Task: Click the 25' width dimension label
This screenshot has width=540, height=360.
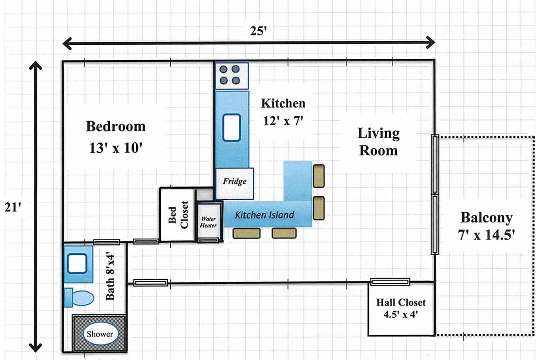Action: (x=258, y=31)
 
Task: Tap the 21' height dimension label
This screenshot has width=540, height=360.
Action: (x=13, y=207)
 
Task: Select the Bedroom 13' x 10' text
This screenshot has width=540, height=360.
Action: (x=116, y=137)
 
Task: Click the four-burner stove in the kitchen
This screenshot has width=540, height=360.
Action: (x=232, y=76)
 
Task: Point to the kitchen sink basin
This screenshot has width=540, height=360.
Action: (x=231, y=128)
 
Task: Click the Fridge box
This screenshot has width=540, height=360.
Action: (x=235, y=183)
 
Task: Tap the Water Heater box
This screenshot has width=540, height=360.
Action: (x=209, y=222)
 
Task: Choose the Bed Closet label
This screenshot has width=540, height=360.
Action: (x=178, y=215)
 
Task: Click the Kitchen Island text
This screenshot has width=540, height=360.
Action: (x=265, y=215)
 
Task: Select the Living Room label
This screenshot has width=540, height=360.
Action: (x=378, y=141)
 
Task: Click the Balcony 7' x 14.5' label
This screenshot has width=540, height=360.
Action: (x=486, y=226)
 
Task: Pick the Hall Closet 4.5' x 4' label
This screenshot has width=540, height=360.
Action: (x=401, y=308)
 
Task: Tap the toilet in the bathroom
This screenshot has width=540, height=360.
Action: (x=79, y=298)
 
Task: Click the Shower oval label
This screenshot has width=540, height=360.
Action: (x=100, y=334)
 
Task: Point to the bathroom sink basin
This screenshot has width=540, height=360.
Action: (x=77, y=264)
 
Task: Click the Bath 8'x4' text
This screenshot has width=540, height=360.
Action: (x=110, y=277)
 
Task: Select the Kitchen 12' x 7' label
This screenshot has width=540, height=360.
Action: (x=283, y=112)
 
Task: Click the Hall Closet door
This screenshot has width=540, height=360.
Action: (x=390, y=282)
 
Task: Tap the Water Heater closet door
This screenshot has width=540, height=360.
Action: (x=208, y=240)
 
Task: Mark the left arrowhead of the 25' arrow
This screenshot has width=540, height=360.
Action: (x=67, y=44)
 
